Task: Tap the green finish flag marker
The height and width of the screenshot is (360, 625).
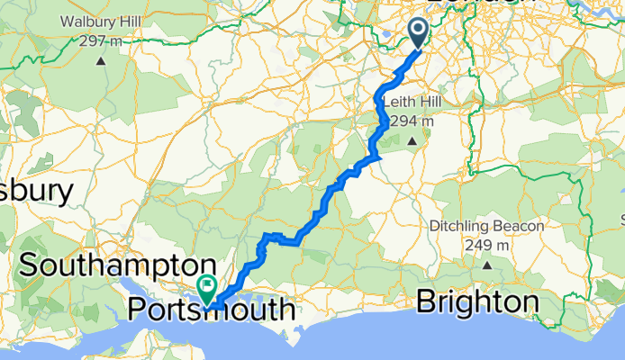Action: tap(208, 289)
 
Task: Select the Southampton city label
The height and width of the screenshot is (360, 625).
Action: tap(120, 266)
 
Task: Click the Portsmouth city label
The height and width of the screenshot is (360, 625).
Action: tap(212, 310)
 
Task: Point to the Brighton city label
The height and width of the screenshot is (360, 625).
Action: tap(478, 302)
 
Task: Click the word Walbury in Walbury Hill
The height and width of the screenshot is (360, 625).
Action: tap(88, 22)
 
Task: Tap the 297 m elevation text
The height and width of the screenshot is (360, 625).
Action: tap(101, 40)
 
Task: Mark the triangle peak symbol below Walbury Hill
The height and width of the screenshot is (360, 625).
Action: tap(101, 61)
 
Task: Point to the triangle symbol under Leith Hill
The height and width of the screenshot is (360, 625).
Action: tap(413, 141)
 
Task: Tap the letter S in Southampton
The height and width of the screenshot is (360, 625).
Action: tap(30, 266)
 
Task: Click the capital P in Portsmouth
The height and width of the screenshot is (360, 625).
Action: tap(138, 310)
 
